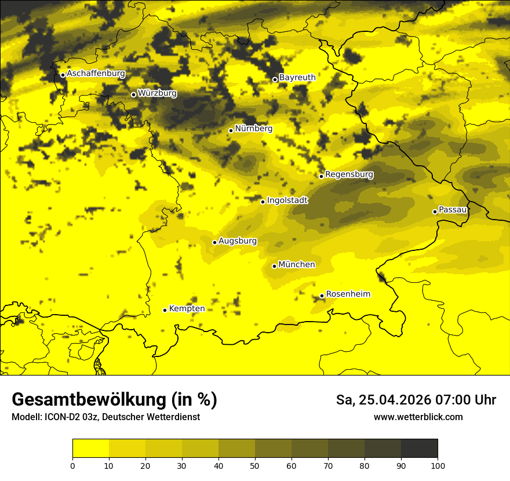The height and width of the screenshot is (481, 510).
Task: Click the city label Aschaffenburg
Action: tap(96, 74)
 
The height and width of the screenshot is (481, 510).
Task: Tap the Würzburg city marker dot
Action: tap(133, 94)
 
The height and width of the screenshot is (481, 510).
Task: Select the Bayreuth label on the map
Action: tap(297, 77)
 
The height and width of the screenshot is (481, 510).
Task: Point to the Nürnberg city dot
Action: tap(231, 130)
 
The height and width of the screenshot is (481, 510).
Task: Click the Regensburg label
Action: tap(349, 174)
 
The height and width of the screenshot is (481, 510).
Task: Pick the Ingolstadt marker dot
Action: tap(263, 202)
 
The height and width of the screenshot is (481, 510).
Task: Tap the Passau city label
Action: tap(453, 209)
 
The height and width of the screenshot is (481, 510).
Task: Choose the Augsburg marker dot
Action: tap(214, 242)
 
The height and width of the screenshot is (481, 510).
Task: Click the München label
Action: tap(297, 264)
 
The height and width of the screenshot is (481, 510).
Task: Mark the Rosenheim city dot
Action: tap(322, 296)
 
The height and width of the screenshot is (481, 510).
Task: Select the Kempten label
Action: tap(187, 308)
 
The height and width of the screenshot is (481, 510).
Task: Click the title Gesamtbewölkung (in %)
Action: tap(114, 400)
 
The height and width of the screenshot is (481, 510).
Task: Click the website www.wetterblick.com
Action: tap(418, 417)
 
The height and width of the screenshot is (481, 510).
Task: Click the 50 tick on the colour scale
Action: tap(255, 465)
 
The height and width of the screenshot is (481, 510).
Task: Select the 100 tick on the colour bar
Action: tap(438, 465)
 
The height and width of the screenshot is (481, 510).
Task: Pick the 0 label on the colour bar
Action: tap(72, 465)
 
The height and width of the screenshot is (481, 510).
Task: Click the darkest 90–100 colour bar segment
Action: tap(419, 448)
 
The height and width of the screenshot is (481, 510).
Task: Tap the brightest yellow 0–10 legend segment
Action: tap(90, 448)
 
